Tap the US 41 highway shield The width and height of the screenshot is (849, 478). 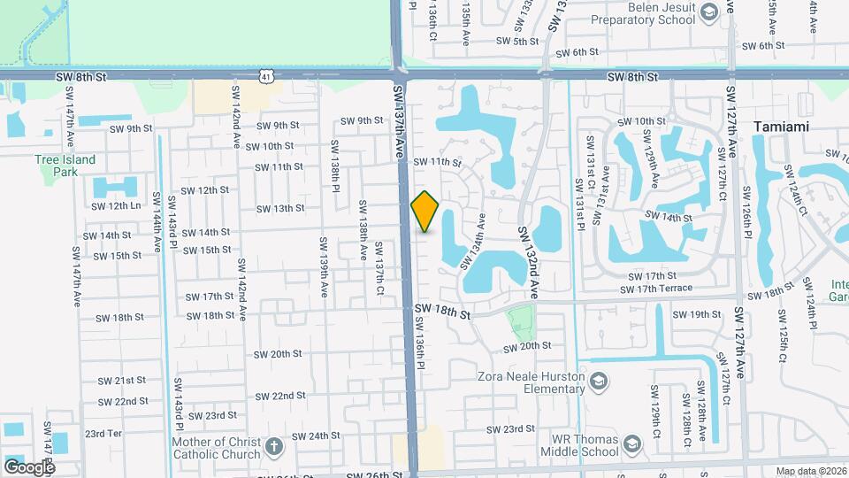click(266, 77)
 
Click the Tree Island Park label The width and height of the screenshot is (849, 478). click(65, 166)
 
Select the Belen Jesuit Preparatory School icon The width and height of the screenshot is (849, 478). click(707, 12)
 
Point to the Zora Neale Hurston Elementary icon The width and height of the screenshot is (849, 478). click(600, 382)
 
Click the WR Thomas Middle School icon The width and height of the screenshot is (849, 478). click(631, 443)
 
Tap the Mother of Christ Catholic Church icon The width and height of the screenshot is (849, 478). click(274, 446)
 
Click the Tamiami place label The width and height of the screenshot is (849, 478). click(782, 127)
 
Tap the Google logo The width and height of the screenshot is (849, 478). click(29, 466)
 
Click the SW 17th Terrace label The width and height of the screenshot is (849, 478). click(656, 289)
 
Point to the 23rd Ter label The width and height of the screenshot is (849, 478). click(102, 434)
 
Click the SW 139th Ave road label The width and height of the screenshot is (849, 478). click(324, 266)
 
